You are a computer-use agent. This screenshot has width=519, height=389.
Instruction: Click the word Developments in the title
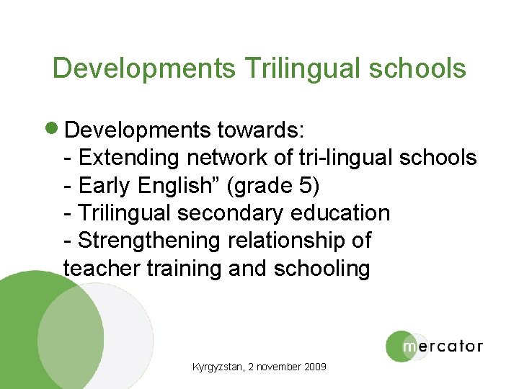coord(143,68)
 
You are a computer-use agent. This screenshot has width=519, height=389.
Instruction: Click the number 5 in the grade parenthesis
coord(306,185)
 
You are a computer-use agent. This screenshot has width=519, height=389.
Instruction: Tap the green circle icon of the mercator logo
coord(400,346)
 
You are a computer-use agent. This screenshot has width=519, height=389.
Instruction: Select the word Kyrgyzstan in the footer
coord(217,367)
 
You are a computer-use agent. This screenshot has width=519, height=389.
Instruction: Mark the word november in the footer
coord(278,367)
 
